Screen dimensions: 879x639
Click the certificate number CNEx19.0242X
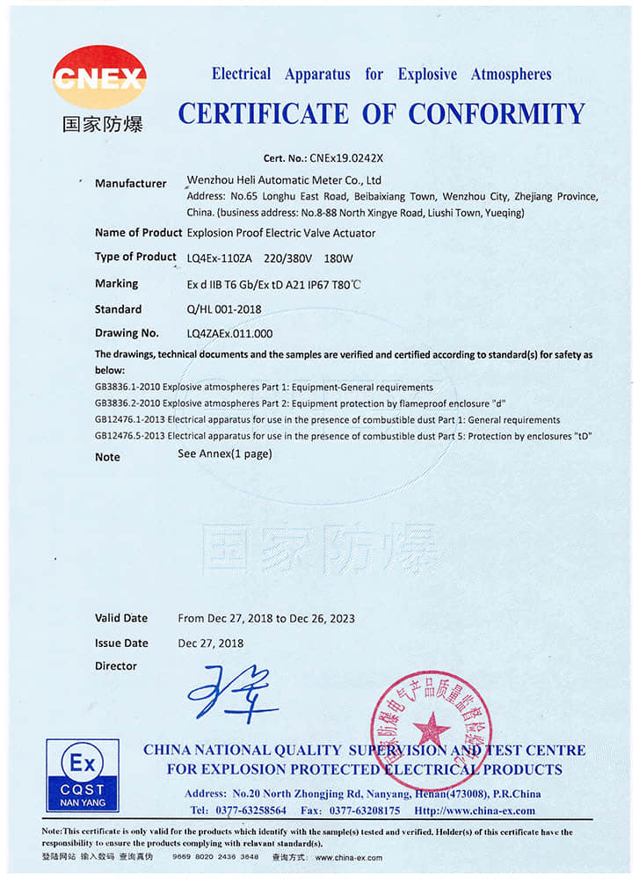pos(346,158)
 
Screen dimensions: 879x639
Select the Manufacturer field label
pos(130,184)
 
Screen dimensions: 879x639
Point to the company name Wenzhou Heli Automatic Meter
pos(264,179)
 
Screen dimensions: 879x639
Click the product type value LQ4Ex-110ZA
pos(219,258)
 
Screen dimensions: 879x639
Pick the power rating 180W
pos(338,258)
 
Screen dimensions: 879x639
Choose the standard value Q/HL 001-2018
pos(224,309)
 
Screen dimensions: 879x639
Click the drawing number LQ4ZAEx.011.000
pos(230,333)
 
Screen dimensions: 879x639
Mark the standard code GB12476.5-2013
pos(129,434)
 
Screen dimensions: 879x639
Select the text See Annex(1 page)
pos(225,454)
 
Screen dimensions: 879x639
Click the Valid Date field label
pos(121,618)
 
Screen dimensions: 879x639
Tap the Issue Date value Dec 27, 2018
pos(211,643)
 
